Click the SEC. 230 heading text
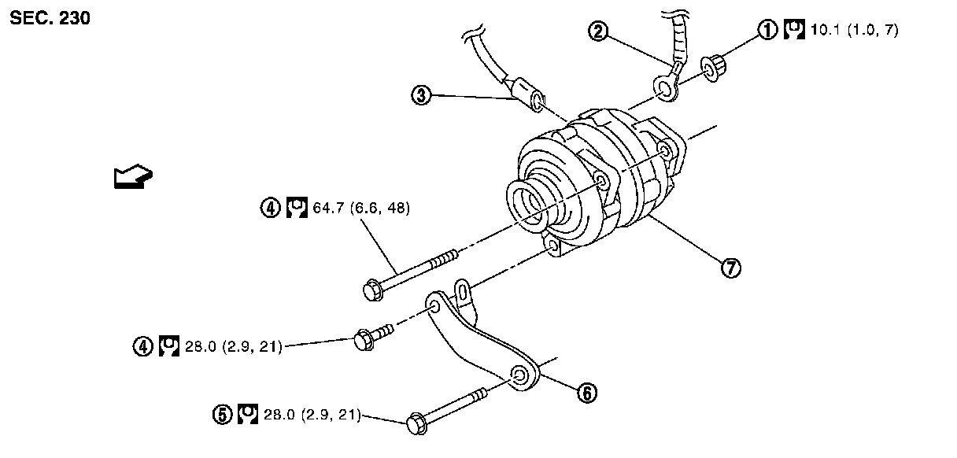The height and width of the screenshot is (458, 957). [x=50, y=18]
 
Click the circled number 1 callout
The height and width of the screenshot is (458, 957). [x=767, y=30]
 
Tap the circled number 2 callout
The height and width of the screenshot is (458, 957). [x=600, y=31]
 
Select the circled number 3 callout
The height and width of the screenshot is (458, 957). [x=422, y=95]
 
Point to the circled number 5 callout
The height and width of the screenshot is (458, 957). [x=224, y=413]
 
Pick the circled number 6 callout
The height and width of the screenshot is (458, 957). [x=586, y=391]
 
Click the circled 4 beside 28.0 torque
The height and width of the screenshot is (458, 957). [x=143, y=345]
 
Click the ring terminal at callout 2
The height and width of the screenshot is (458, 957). [x=666, y=90]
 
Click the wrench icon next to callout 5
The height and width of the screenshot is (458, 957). [x=247, y=413]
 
